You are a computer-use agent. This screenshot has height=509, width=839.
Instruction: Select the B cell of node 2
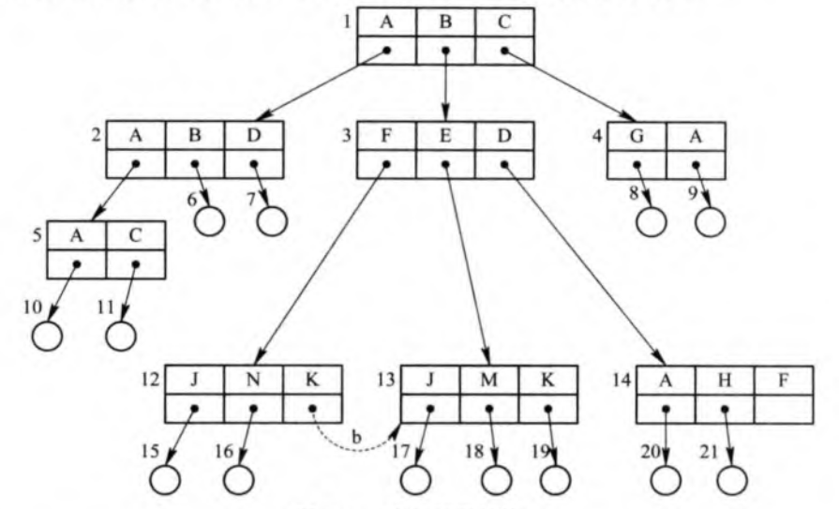[195, 136]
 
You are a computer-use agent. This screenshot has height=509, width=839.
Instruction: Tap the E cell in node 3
[445, 136]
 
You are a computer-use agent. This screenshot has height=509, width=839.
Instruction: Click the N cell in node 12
[253, 381]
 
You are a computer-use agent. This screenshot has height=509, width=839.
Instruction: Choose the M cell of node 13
[489, 381]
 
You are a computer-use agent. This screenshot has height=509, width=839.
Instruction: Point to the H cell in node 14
[725, 381]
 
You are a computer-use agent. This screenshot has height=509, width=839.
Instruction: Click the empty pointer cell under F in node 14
[783, 409]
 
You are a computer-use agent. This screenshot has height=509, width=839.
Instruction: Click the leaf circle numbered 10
[48, 335]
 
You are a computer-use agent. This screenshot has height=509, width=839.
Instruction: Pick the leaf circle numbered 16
[239, 477]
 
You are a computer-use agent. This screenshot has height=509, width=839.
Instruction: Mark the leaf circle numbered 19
[555, 477]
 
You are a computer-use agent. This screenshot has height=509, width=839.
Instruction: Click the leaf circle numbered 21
[732, 477]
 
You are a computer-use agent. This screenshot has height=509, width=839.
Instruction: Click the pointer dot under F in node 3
[386, 164]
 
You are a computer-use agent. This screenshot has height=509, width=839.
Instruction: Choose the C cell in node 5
[136, 234]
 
